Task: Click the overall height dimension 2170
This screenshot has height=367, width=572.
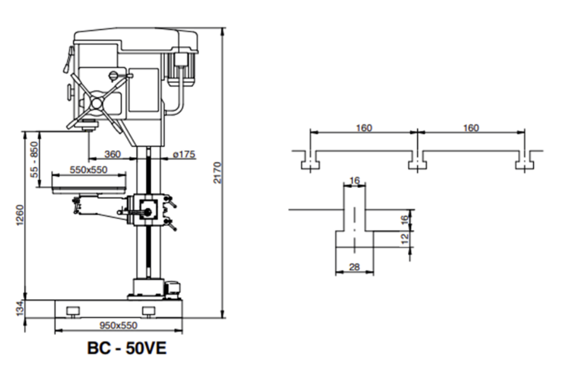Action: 217,173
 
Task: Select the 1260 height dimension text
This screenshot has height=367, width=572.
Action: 20,215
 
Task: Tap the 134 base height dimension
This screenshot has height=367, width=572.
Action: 20,309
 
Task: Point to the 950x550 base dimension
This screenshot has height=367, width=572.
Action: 118,325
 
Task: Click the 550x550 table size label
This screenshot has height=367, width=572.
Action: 88,170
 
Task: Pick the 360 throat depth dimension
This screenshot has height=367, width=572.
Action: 112,154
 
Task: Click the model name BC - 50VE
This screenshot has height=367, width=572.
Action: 127,348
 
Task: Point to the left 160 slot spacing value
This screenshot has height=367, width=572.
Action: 364,128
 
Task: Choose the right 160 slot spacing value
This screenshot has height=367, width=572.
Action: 470,128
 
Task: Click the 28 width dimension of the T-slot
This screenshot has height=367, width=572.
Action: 354,267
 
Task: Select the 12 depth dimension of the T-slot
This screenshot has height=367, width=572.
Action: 405,240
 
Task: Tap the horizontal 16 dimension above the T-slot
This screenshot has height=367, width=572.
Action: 354,181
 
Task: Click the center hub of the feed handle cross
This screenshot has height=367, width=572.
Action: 97,103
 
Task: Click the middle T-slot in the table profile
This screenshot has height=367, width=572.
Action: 417,162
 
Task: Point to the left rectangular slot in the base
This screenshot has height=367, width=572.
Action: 72,310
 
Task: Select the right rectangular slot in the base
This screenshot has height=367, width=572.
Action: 149,310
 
